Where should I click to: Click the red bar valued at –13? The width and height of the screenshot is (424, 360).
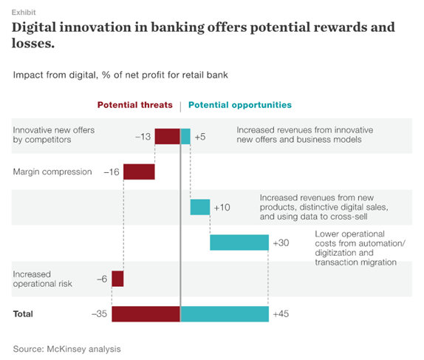[168, 136]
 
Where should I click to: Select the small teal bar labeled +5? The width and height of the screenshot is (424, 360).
[185, 136]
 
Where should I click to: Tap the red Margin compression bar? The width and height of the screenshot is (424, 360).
[139, 171]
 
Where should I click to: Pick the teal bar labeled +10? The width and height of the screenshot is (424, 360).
[200, 207]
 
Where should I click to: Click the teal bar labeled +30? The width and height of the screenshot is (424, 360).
[239, 242]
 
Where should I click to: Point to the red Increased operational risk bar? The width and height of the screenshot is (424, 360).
[117, 278]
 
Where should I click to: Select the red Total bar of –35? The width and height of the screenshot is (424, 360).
[146, 313]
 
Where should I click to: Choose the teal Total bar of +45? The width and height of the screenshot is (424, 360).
[225, 313]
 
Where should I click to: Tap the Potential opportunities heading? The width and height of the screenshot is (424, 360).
[240, 105]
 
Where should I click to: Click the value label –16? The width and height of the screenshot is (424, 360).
[111, 172]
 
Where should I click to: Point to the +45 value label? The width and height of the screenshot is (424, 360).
[281, 314]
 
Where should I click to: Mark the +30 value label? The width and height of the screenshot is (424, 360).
[281, 243]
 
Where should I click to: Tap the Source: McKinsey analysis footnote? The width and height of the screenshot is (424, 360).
[66, 348]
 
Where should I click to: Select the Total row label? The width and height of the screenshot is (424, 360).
[23, 314]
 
